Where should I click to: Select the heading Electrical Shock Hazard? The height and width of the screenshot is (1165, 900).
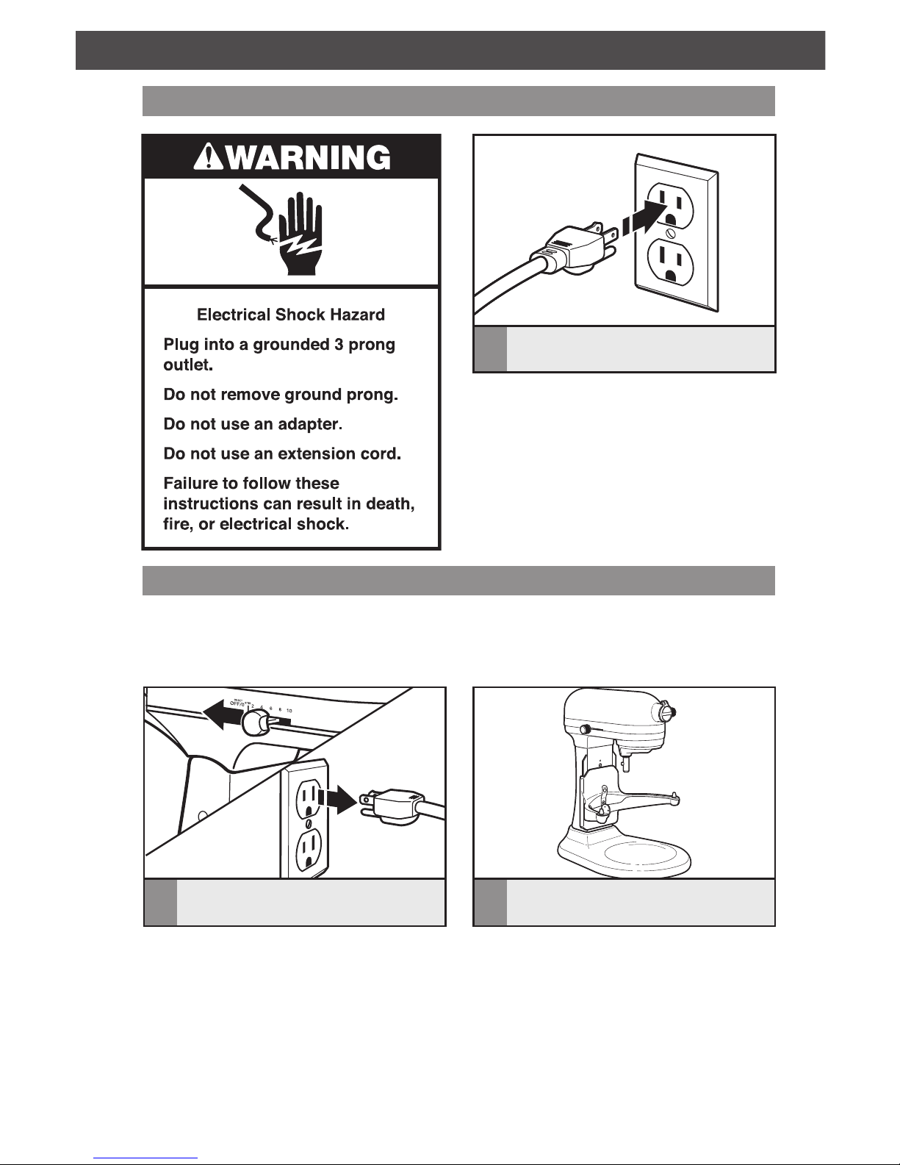[291, 315]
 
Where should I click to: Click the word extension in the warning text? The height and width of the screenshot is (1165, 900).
[316, 454]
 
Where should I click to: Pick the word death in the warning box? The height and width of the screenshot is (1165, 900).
[390, 504]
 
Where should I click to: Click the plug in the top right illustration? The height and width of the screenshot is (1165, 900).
[572, 246]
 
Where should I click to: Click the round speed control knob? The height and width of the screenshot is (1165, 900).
[254, 723]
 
